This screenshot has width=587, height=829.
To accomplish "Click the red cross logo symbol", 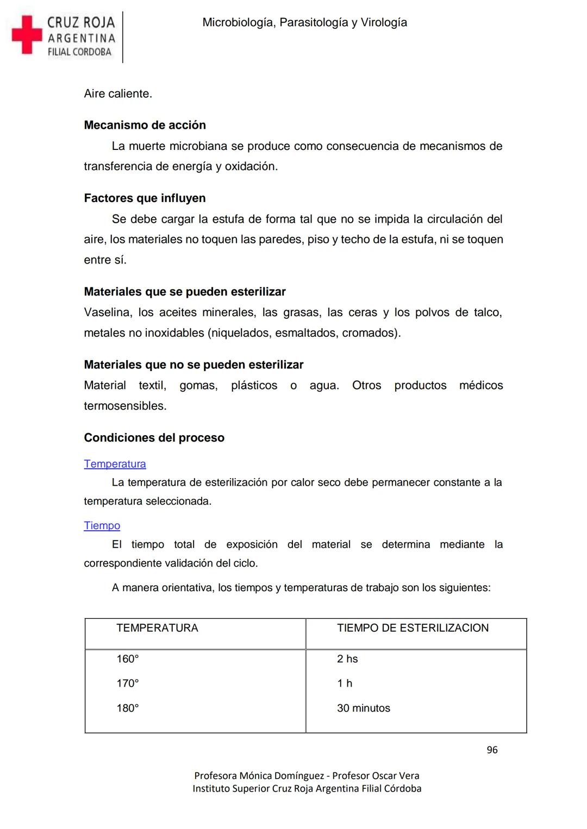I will click(x=27, y=35).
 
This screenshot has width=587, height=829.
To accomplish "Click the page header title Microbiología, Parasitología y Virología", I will click(x=304, y=23).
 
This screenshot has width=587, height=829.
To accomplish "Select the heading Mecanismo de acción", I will click(x=145, y=125).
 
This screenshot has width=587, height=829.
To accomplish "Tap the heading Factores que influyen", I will click(x=145, y=198).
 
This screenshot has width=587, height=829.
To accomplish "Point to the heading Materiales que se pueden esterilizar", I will click(x=184, y=292).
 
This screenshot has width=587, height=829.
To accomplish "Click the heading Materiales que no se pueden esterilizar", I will click(x=193, y=365).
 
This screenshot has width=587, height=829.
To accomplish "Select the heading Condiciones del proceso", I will click(x=154, y=438).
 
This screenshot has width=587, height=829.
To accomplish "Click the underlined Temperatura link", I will click(x=115, y=464).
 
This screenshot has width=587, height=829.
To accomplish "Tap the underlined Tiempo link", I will click(x=102, y=526).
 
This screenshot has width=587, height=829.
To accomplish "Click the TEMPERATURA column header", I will click(x=157, y=628).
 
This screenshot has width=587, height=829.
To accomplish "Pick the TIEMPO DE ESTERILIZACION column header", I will click(x=413, y=628).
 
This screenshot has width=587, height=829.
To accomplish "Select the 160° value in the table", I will click(x=128, y=659).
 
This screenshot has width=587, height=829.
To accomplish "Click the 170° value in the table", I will click(x=128, y=683).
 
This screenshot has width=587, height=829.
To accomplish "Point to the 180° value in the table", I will click(x=128, y=708).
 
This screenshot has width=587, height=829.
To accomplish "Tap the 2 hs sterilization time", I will click(x=347, y=659).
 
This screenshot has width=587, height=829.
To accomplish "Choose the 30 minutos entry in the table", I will click(x=364, y=708).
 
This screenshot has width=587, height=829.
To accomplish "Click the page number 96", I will click(x=492, y=750).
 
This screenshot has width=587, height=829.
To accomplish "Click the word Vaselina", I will click(x=108, y=313).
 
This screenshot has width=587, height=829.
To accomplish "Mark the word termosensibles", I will click(x=125, y=406).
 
